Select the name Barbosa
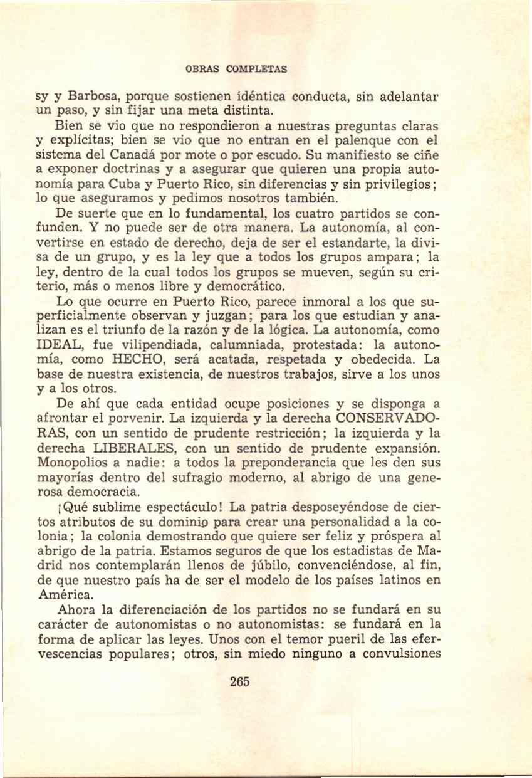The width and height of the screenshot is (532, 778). pyautogui.click(x=95, y=98)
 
